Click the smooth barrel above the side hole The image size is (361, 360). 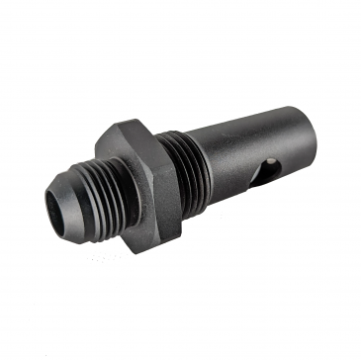247,134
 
